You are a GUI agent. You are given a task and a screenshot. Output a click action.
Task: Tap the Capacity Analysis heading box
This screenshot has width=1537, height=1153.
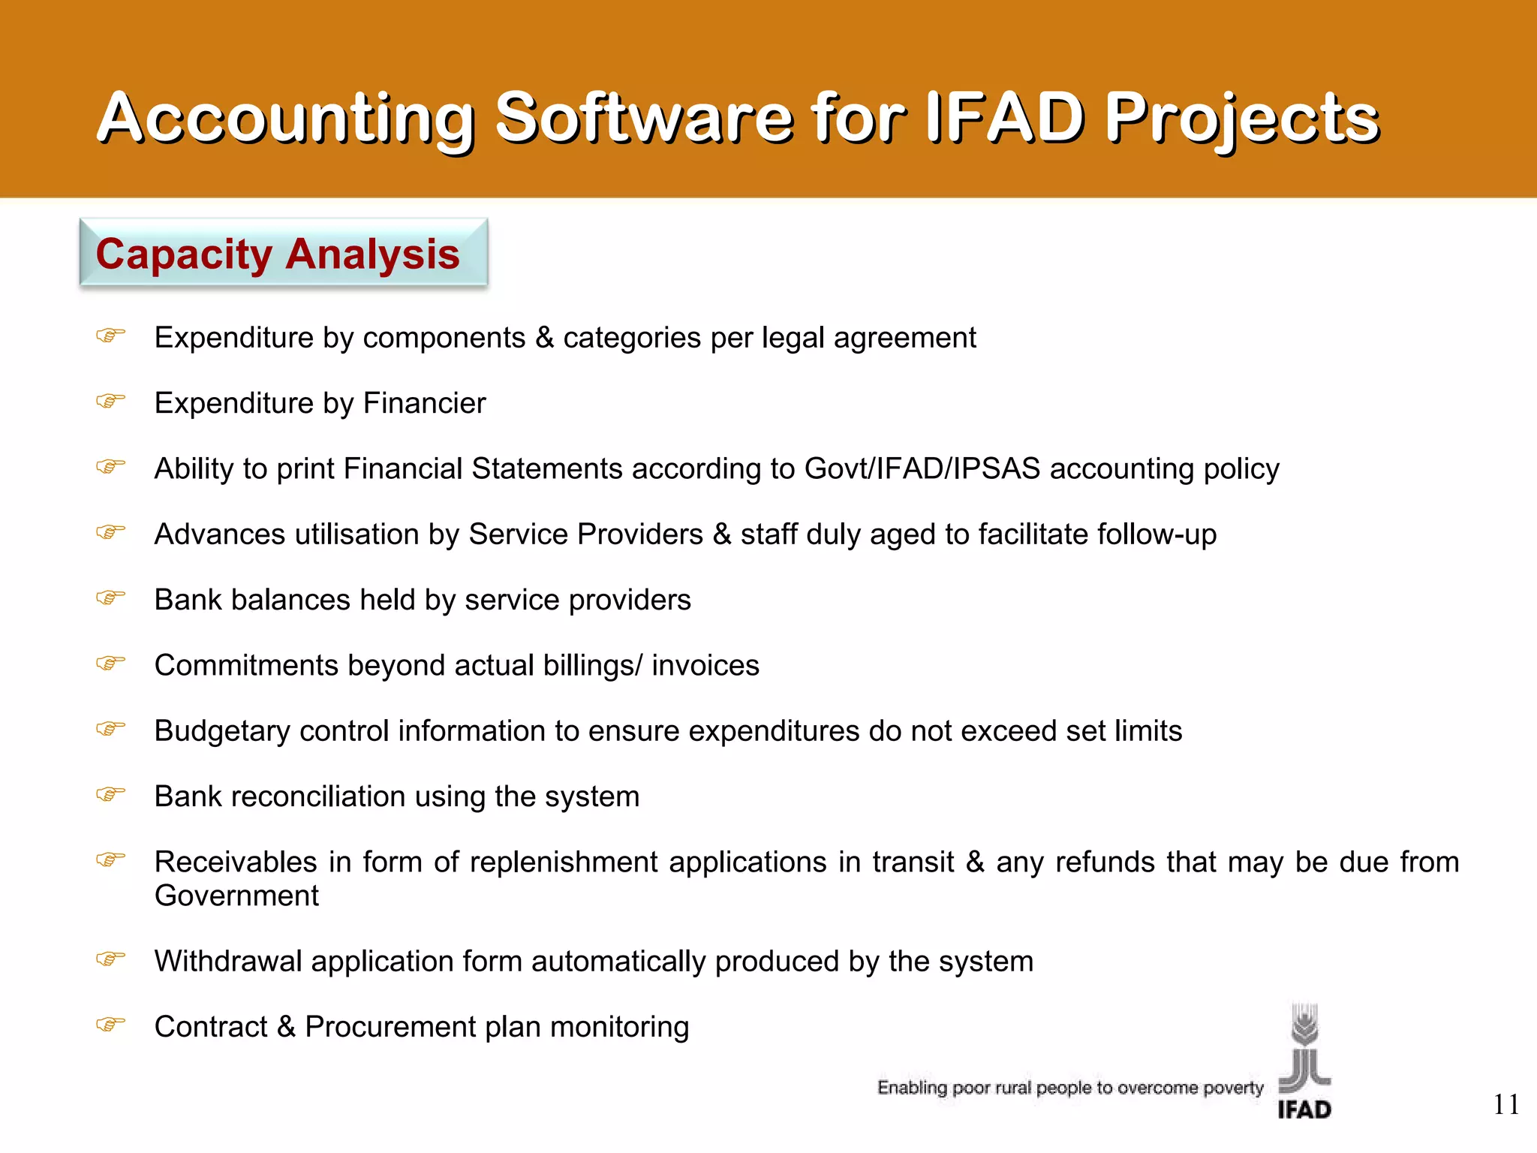284,253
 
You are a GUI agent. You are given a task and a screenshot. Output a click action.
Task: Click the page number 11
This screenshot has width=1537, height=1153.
1505,1104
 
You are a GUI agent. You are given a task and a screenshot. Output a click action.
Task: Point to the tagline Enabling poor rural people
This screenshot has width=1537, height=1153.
1070,1088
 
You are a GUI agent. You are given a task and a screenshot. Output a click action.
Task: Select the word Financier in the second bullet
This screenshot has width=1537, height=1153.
424,403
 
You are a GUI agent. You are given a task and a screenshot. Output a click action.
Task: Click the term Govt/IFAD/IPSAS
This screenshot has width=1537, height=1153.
922,468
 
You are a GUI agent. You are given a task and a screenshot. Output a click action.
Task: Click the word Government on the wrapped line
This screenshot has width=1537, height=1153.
236,896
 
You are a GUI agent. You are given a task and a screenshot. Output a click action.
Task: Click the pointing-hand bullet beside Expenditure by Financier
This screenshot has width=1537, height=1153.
110,401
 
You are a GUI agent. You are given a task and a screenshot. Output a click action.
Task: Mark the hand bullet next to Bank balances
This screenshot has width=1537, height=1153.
110,598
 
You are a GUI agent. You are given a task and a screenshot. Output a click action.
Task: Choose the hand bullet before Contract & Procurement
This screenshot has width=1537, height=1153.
110,1024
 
